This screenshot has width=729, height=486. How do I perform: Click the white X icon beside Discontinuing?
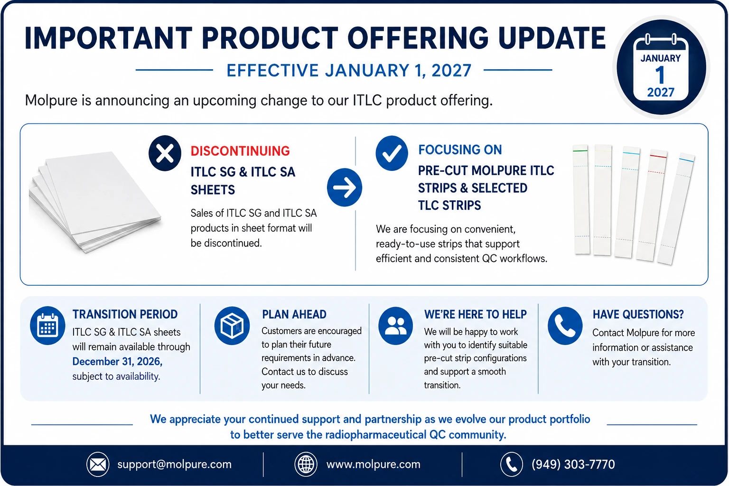tap(165, 153)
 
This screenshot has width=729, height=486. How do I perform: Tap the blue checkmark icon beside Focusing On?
tap(392, 153)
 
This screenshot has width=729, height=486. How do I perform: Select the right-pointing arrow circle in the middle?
tap(344, 187)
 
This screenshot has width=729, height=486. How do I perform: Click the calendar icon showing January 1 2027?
tap(660, 67)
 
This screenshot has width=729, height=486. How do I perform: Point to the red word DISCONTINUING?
tap(240, 151)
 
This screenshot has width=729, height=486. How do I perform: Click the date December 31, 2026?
tap(117, 361)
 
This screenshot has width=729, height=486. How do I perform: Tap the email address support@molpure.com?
tap(175, 464)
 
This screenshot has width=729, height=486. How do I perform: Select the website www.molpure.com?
tap(374, 464)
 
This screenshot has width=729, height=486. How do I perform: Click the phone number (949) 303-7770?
tap(573, 464)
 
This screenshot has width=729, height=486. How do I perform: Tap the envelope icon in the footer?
tap(98, 464)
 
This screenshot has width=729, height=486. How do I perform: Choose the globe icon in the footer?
tap(306, 464)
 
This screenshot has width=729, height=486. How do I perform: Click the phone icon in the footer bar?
tap(511, 464)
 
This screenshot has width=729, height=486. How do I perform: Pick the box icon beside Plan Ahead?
tap(232, 326)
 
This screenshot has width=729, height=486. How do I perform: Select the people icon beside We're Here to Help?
tap(395, 326)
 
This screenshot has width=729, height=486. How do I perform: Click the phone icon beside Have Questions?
tap(565, 326)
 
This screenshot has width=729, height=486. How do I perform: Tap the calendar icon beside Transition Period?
tap(47, 326)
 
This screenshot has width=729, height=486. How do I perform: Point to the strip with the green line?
tap(581, 199)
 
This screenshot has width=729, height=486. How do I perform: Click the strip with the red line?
tap(652, 205)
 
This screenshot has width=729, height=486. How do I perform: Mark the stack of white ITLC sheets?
tap(94, 202)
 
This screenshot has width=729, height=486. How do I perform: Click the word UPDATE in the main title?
tap(552, 38)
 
